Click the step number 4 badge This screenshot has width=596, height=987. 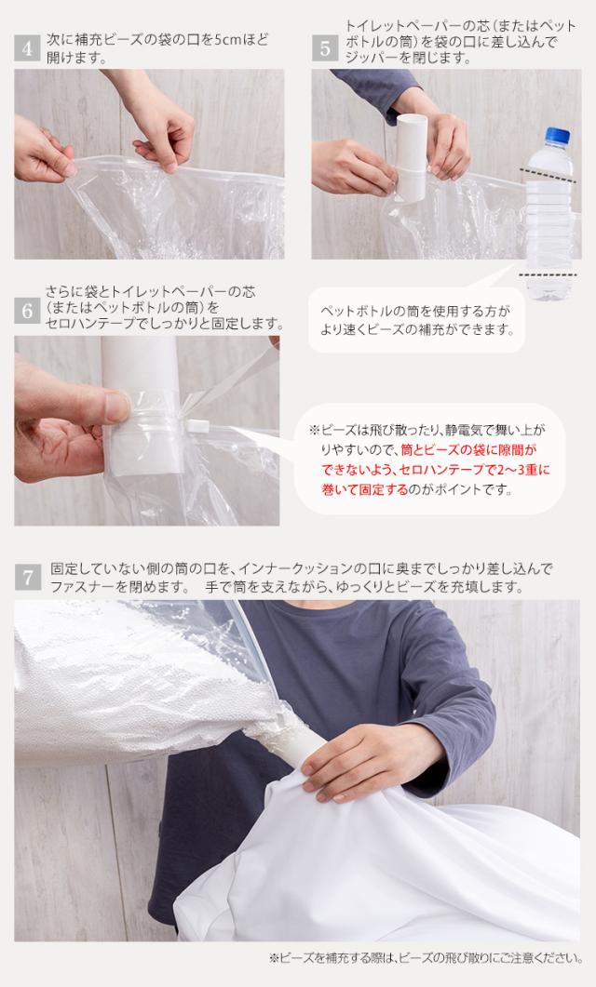27,48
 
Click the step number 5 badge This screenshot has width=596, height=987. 325,48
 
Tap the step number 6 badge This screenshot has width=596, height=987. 27,311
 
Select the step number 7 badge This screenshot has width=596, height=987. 28,577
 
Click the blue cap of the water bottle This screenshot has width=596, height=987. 558,135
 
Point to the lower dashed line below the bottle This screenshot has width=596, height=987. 549,274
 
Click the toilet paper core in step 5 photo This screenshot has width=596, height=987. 412,157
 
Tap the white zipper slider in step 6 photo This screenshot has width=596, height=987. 197,426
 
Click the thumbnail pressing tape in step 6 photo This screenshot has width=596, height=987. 117,407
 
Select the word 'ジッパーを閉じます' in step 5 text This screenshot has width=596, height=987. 408,58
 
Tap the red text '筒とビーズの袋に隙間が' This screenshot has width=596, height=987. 468,450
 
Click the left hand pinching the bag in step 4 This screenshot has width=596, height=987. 43,151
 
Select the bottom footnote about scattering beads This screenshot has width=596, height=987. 426,958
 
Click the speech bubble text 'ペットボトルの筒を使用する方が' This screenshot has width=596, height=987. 415,311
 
